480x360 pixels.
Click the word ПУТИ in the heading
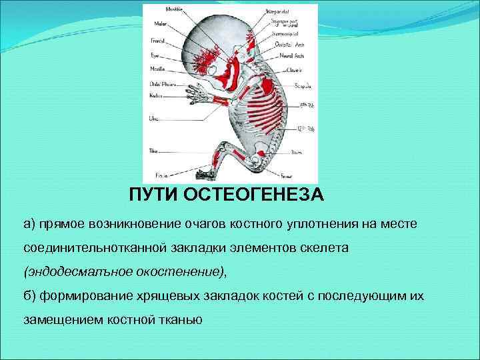click(151, 196)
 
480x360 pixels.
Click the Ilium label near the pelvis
click(295, 153)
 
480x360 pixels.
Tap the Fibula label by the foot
click(161, 175)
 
